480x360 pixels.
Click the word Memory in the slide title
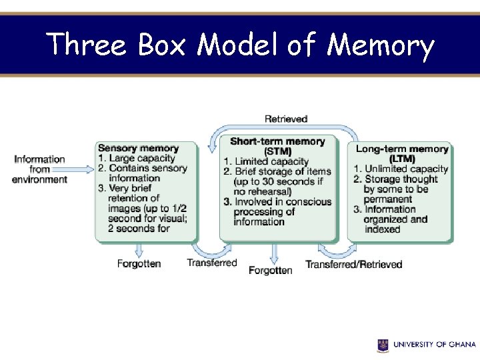(x=381, y=45)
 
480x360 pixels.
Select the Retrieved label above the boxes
(x=286, y=119)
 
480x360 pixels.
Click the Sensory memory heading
(x=138, y=148)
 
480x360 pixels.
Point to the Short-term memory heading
(x=277, y=141)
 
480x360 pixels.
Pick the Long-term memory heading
(x=401, y=149)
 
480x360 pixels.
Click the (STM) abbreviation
(x=277, y=151)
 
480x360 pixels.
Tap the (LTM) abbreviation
(x=401, y=159)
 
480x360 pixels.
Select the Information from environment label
(x=40, y=169)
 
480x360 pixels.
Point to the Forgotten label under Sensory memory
(x=139, y=263)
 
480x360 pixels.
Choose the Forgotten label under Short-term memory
(x=271, y=270)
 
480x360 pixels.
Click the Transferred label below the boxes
(x=212, y=263)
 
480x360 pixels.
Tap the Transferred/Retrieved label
(x=353, y=265)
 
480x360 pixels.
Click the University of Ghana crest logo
(x=383, y=345)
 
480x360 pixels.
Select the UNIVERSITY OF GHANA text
(x=434, y=345)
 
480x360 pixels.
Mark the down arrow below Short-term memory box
(x=273, y=252)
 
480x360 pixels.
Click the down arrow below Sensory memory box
(x=139, y=249)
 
